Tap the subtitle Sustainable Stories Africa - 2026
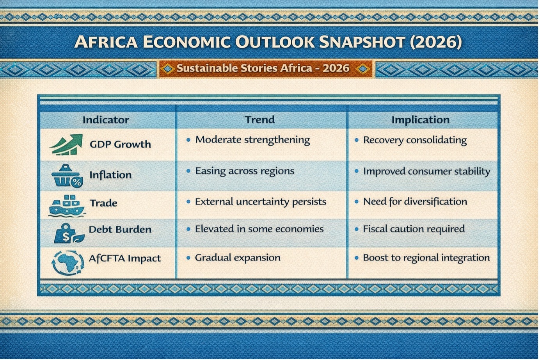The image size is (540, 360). (263, 68)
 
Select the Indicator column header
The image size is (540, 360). (106, 120)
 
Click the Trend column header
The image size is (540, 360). (259, 120)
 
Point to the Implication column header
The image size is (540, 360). (421, 120)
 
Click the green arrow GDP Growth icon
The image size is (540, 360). (66, 144)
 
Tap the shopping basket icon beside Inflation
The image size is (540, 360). (67, 176)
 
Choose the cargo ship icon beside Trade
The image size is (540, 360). (67, 206)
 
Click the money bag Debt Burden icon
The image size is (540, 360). (68, 233)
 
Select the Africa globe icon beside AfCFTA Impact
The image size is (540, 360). (68, 263)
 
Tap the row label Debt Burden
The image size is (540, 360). (120, 229)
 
